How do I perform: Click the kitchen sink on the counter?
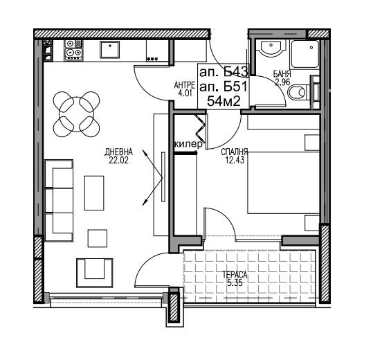point(109,50)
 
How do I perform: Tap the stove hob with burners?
point(73,51)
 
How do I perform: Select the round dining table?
point(76,114)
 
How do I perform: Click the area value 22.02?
point(119,161)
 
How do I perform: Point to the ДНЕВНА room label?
point(119,152)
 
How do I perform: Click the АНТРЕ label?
point(185,85)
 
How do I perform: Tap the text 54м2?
point(224,101)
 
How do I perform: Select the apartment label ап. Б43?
point(224,73)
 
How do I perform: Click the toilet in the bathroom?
point(299,93)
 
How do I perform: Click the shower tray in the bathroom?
point(305,54)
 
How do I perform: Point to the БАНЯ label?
point(282,74)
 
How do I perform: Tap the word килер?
point(189,144)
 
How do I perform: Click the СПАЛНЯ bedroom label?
point(235,152)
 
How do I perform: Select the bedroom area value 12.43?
point(235,160)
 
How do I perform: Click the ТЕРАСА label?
point(235,275)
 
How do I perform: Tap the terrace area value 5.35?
point(235,282)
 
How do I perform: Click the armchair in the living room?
point(95,273)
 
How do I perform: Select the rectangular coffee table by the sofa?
point(94,193)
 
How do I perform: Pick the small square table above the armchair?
point(98,238)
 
